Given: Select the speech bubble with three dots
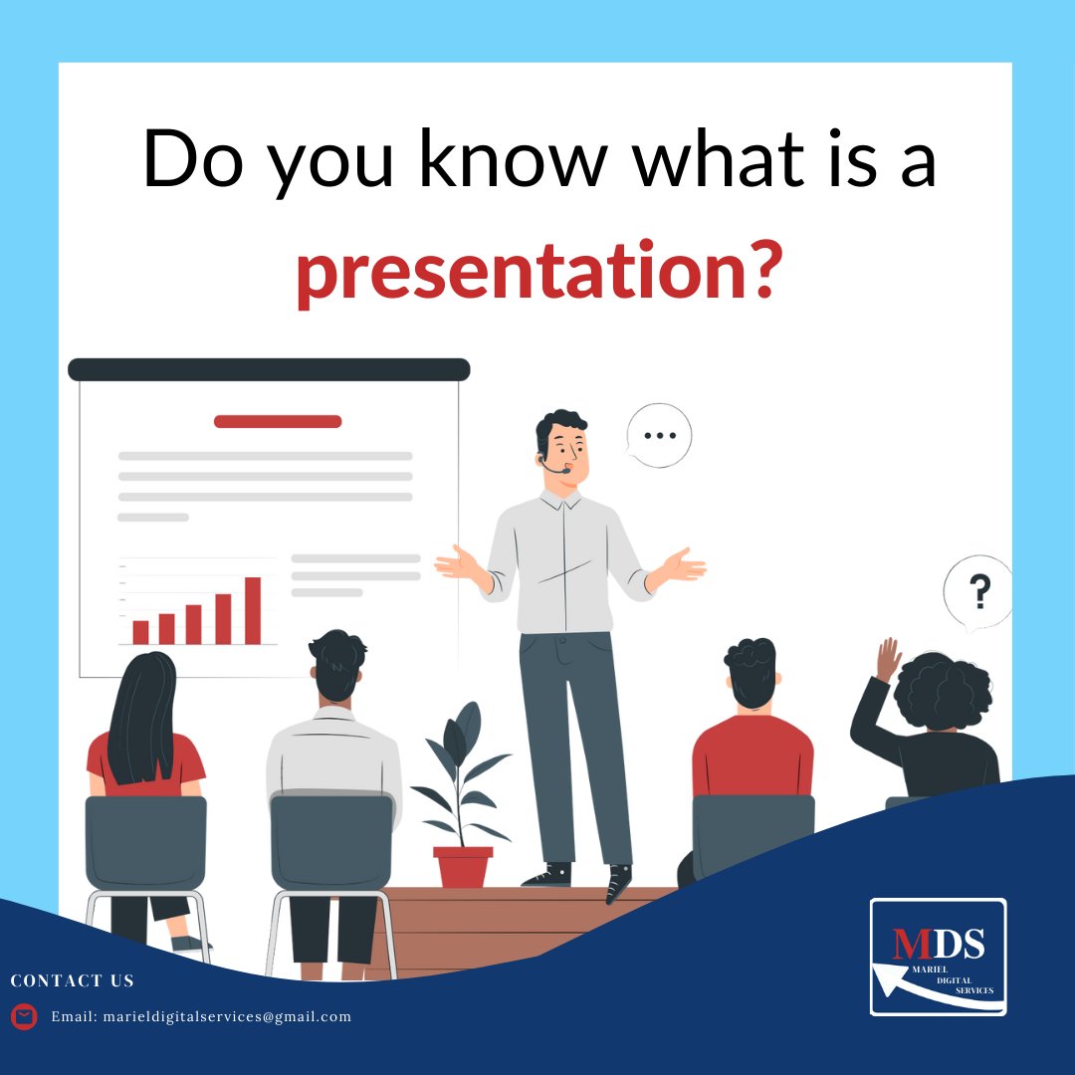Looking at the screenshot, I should coord(658,436).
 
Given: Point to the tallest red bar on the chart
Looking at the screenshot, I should coord(253,610).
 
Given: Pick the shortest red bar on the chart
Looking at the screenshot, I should coord(140,632).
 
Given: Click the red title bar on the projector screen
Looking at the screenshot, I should coord(278,421).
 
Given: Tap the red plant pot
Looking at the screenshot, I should coord(463,866).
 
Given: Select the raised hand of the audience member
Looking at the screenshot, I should coord(887,659).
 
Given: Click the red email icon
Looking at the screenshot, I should coord(24,1016).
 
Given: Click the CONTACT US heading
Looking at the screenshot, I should coord(72,981).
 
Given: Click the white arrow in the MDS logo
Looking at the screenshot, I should coord(926,991).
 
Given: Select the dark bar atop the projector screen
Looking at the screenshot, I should coord(269,369).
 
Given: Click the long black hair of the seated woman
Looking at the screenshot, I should coord(141,717).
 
